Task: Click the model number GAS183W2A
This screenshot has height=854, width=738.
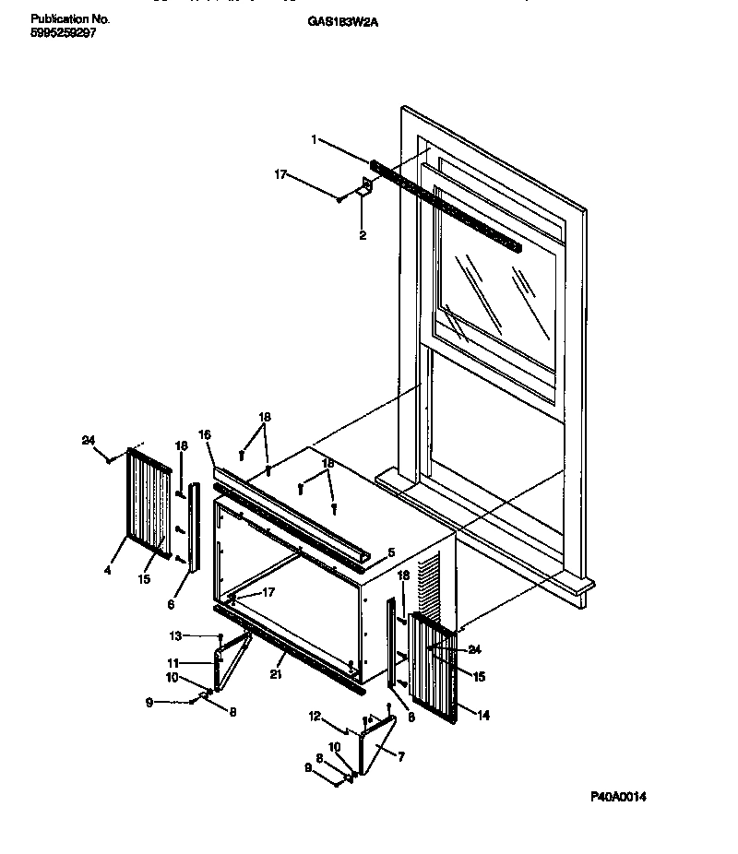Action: (341, 20)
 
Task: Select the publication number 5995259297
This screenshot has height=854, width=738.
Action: (64, 33)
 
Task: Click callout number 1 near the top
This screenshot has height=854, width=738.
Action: (314, 140)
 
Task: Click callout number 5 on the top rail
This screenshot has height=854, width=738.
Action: (391, 554)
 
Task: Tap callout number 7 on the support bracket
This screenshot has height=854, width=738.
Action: (400, 757)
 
